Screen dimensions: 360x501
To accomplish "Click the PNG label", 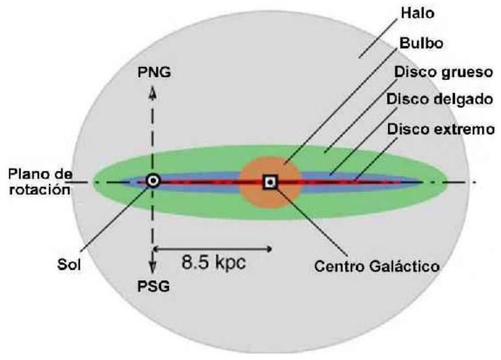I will tap(154, 71).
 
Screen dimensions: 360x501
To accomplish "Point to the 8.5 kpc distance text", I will tap(214, 262).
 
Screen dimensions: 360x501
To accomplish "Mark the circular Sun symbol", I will tap(153, 180).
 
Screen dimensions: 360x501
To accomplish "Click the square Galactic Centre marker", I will tap(270, 181).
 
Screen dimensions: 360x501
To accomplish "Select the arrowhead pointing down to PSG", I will tap(153, 270).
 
